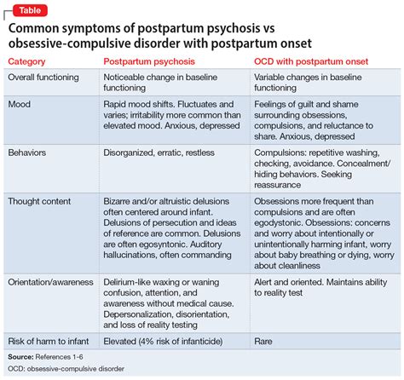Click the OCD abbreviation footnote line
coord(68,369)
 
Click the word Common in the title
coord(38,27)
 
